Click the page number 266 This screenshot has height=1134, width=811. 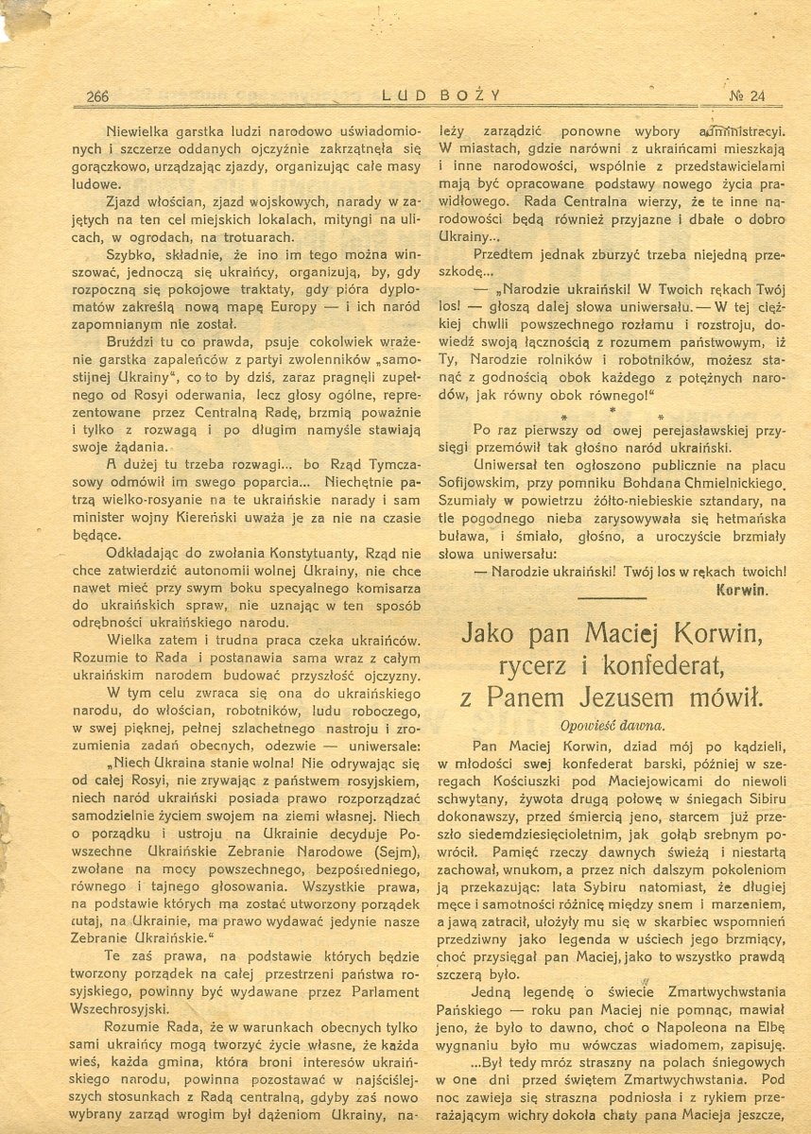click(x=98, y=94)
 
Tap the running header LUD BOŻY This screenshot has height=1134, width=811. click(x=440, y=94)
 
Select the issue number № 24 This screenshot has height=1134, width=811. click(x=748, y=94)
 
